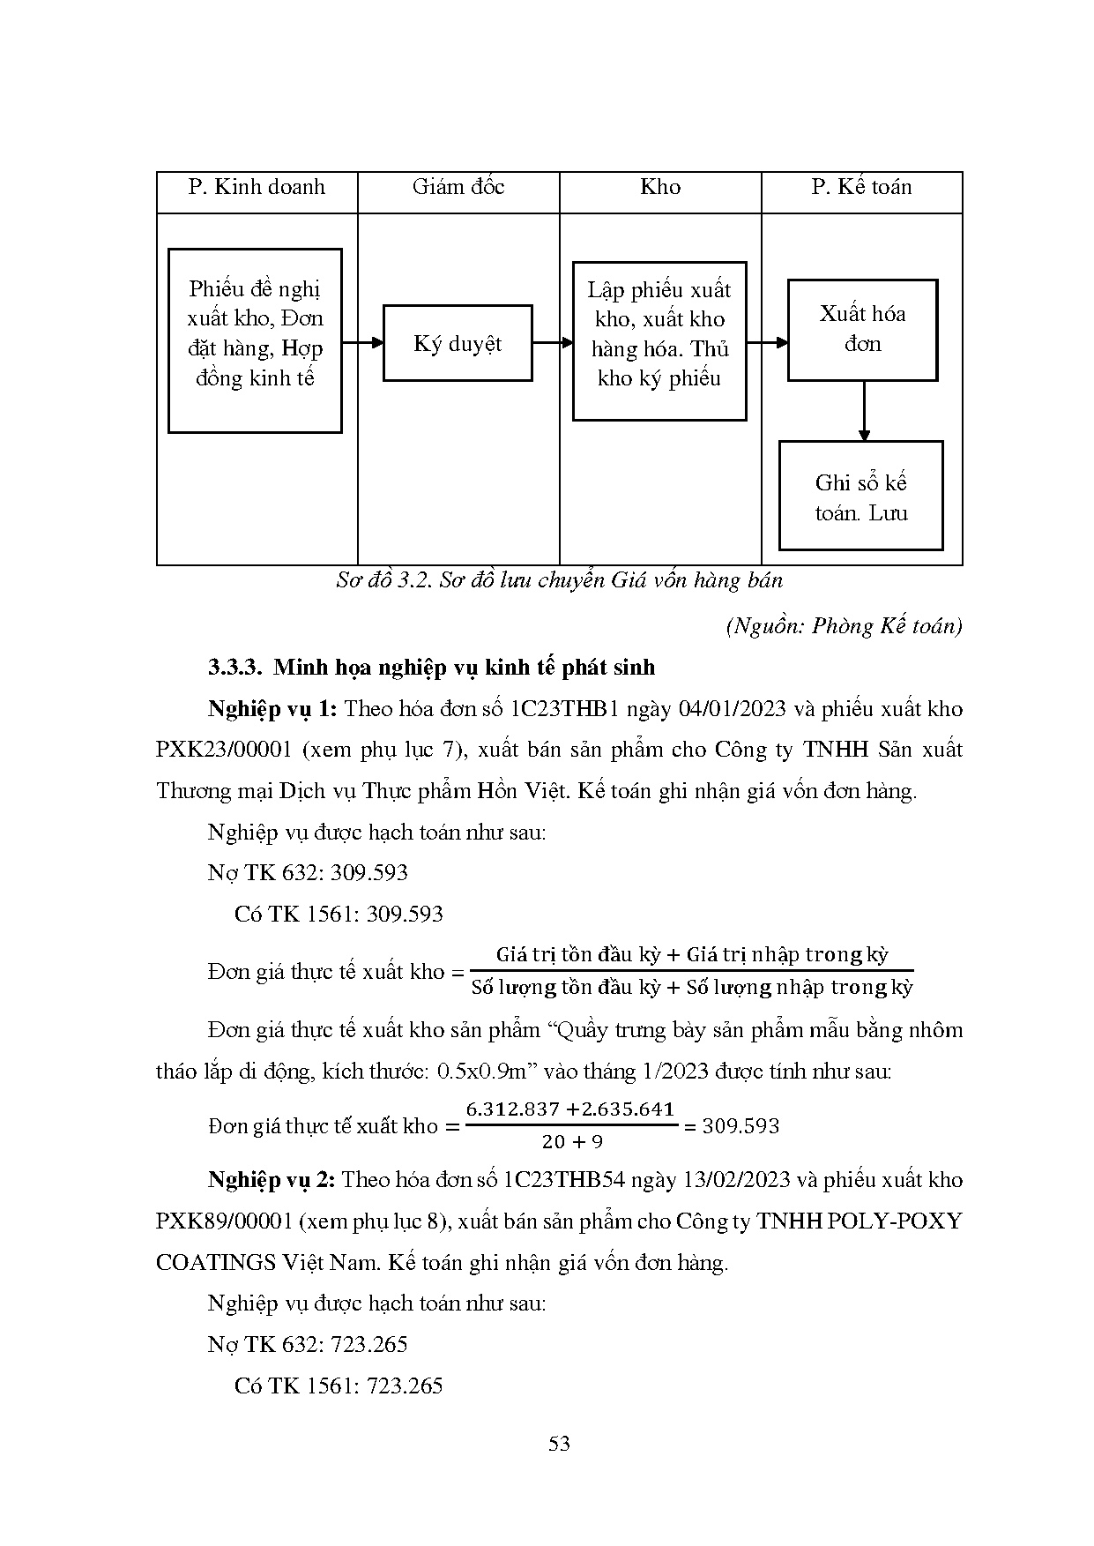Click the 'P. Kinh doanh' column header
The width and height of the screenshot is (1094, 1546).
[x=257, y=187]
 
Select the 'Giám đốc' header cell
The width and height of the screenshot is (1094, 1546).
[x=458, y=187]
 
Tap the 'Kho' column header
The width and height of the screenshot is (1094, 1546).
[x=660, y=187]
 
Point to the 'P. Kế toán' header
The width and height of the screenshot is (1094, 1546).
[x=861, y=187]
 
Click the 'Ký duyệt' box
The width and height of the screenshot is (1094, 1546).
[x=458, y=343]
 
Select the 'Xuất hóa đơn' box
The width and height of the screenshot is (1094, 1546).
[x=862, y=330]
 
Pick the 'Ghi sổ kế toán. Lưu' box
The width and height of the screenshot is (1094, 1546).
[x=860, y=497]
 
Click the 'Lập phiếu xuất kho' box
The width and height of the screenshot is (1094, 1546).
[x=659, y=340]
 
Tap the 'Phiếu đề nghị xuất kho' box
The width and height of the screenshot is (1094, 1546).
[x=255, y=340]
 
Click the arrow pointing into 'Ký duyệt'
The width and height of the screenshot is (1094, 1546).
[x=363, y=343]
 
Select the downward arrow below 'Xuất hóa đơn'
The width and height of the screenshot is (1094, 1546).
[x=864, y=411]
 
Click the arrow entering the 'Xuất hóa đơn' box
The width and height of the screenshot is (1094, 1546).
[x=768, y=343]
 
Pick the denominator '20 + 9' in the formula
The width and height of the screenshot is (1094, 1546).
[x=572, y=1142]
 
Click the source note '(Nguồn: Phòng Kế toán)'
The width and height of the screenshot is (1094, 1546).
[x=844, y=626]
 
